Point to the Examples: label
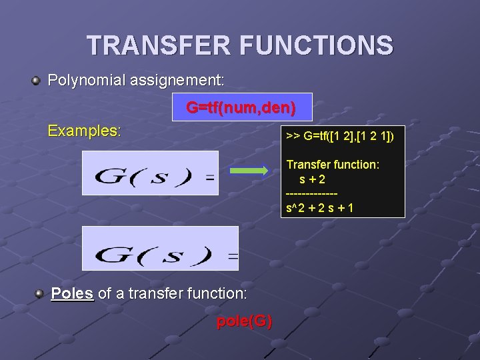coord(85,131)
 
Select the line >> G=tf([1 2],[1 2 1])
coord(340,137)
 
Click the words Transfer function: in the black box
coord(333,164)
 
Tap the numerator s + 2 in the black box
coord(313,179)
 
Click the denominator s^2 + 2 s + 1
coord(319,207)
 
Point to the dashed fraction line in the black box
coord(311,193)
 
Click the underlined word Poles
coord(72,293)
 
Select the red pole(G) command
coord(245,322)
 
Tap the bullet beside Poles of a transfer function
coord(41,293)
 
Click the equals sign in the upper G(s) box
coord(209,178)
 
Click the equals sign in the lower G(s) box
coord(233,255)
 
